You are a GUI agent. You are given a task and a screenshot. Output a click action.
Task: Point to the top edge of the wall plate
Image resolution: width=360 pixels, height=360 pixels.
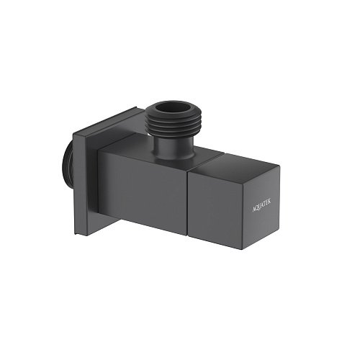(x=108, y=118)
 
